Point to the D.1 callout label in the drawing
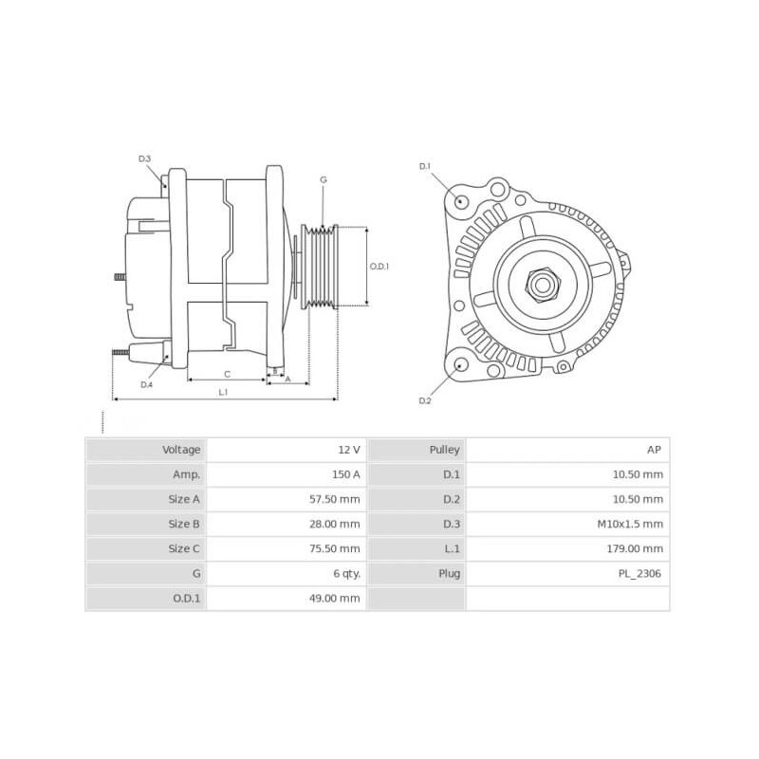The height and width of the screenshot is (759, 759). coord(425,166)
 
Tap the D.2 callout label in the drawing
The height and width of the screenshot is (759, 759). coord(425,400)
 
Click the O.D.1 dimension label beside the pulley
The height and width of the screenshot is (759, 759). coord(379,267)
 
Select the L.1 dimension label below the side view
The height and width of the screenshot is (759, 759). coord(223,391)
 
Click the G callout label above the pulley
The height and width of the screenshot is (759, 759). coord(324,179)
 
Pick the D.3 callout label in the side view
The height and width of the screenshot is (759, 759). coord(144,158)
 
